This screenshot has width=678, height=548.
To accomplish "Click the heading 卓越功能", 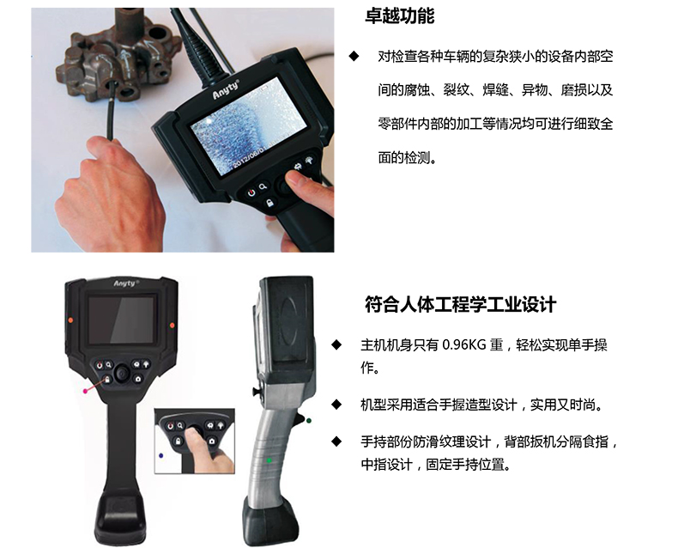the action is click(x=400, y=16).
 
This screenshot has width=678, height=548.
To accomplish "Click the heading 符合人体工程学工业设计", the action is click(x=460, y=304).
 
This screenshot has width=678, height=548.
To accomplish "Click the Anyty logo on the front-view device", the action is click(x=126, y=283).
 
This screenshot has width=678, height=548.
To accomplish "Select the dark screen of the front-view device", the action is click(x=122, y=320).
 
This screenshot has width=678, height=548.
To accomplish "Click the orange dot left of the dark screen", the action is click(x=70, y=320).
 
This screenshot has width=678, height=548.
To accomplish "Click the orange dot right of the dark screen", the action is click(x=173, y=325).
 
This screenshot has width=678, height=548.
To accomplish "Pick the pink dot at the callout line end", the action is click(x=85, y=391).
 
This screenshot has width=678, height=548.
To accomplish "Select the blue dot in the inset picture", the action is click(x=161, y=455).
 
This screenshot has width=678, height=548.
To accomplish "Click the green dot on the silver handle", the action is click(x=269, y=460).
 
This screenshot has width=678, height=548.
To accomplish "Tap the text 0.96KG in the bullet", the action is click(x=465, y=345).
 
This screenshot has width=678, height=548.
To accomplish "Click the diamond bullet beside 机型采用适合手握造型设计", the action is click(x=336, y=405).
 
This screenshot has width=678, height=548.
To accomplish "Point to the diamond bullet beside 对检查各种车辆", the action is click(x=354, y=56).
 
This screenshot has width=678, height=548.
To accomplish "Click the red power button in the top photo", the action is click(x=251, y=193).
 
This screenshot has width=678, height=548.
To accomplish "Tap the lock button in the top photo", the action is click(x=269, y=203).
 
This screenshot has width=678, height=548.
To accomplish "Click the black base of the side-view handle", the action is click(x=270, y=521).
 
